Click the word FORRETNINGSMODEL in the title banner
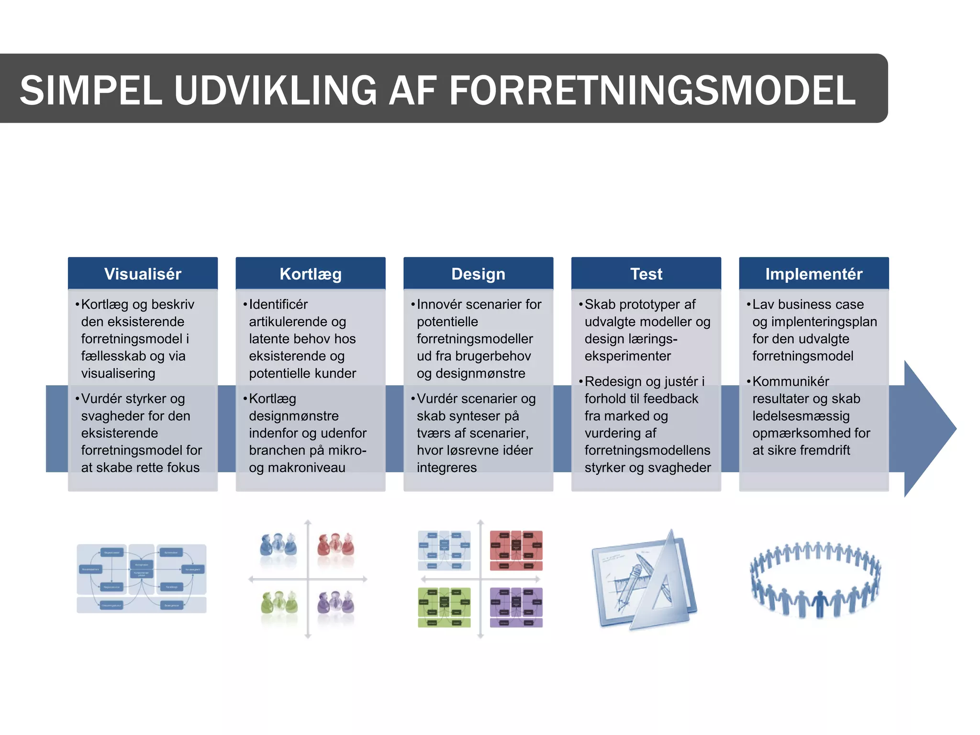tap(652, 90)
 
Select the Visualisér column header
tap(143, 274)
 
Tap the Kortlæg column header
tap(311, 274)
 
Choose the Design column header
tap(478, 274)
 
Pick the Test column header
tap(646, 274)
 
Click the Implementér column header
tap(813, 274)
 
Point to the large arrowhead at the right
tap(928, 429)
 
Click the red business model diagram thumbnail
tap(516, 550)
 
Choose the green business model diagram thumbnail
tap(444, 607)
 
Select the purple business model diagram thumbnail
tap(516, 607)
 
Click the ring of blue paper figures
tap(815, 579)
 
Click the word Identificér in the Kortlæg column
tap(278, 304)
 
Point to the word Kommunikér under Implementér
tap(791, 381)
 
